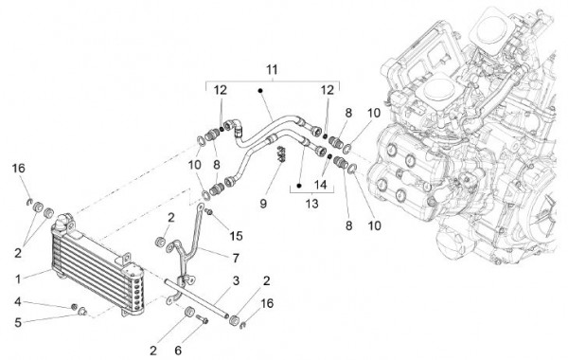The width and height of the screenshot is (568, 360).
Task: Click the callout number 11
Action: pyautogui.click(x=272, y=69)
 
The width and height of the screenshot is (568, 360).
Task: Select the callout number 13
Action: pyautogui.click(x=311, y=204)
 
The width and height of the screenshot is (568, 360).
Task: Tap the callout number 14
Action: pyautogui.click(x=320, y=185)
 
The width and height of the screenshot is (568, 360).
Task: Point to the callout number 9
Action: pyautogui.click(x=263, y=204)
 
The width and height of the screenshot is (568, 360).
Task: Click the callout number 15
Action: pyautogui.click(x=236, y=236)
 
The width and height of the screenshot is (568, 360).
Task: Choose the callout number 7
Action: pyautogui.click(x=236, y=258)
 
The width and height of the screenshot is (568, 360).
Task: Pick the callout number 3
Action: pyautogui.click(x=236, y=280)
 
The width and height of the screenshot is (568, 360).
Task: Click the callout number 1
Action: pyautogui.click(x=18, y=279)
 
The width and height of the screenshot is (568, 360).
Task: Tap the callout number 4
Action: pyautogui.click(x=18, y=301)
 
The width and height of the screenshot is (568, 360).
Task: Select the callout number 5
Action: pyautogui.click(x=18, y=323)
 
